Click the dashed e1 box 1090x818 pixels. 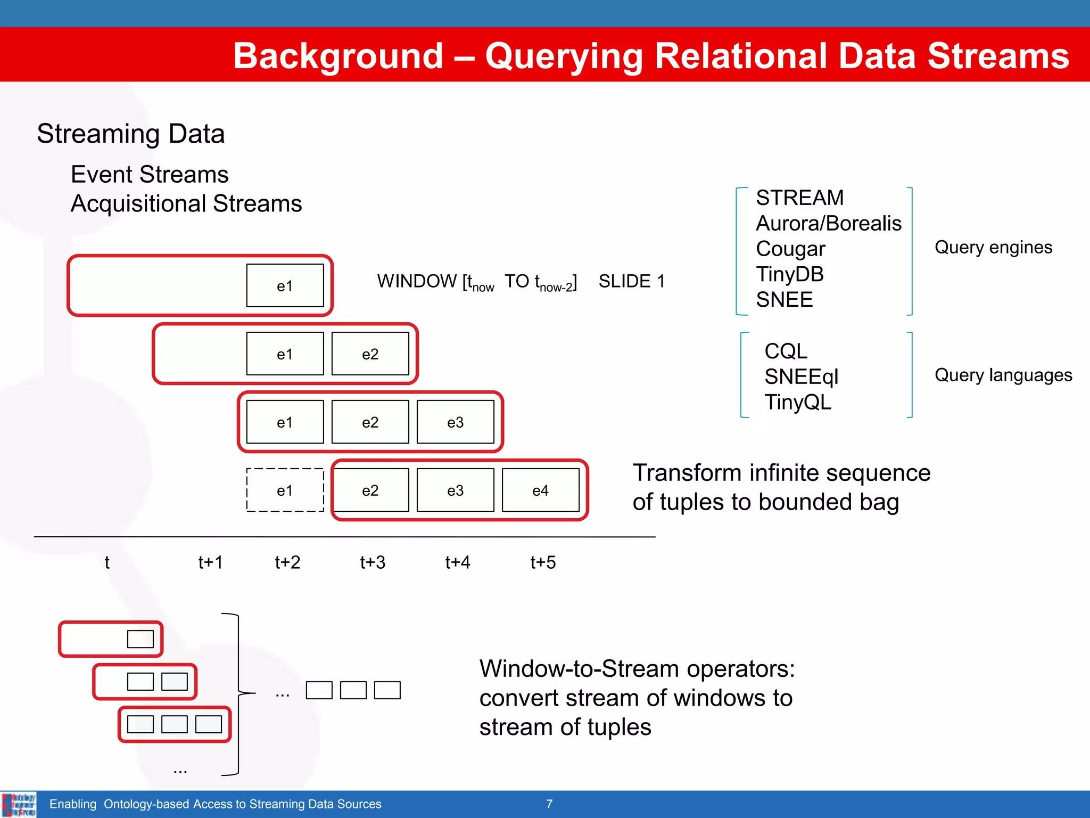tap(285, 490)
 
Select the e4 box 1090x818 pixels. tap(540, 490)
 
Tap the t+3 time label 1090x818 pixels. tap(372, 562)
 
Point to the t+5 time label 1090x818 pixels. tap(543, 562)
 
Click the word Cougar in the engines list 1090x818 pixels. tap(790, 249)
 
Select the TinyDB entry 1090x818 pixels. tap(790, 274)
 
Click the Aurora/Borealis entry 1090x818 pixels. tap(829, 223)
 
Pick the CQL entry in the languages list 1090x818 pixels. tap(786, 351)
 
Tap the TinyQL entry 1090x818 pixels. tap(798, 402)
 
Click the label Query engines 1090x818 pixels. tap(993, 247)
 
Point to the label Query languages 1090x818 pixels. tap(1003, 375)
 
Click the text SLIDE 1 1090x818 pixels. tap(632, 281)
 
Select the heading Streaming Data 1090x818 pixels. tap(131, 134)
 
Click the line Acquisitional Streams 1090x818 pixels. tap(186, 203)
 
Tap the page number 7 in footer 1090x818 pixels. tap(549, 804)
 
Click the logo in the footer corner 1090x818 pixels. tap(19, 804)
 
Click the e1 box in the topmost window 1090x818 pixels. tap(285, 285)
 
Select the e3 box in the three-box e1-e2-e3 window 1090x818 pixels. tap(455, 422)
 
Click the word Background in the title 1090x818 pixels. tap(338, 56)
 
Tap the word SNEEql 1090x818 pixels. tap(801, 377)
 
